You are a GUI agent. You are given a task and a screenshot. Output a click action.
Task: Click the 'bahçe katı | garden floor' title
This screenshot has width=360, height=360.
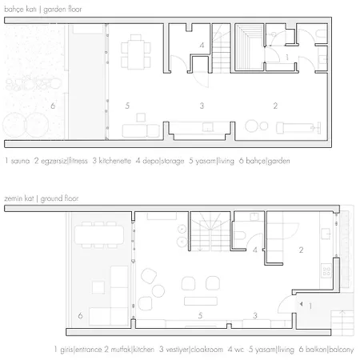(43, 10)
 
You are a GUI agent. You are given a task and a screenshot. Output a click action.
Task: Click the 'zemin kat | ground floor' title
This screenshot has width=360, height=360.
(42, 198)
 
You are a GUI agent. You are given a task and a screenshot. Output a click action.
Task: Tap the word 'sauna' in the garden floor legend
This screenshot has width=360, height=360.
(20, 161)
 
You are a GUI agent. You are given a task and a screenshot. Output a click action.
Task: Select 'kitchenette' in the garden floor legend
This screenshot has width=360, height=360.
(115, 161)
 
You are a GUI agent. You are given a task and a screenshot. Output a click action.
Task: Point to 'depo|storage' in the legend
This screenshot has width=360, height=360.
(163, 161)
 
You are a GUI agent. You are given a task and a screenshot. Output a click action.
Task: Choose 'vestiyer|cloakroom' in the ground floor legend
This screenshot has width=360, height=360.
(194, 350)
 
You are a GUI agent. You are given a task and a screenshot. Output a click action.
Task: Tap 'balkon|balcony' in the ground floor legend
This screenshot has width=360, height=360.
(330, 350)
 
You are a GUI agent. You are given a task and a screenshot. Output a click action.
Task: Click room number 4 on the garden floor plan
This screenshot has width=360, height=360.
(202, 46)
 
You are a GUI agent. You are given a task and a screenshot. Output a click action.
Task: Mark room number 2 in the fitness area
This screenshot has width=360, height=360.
(275, 106)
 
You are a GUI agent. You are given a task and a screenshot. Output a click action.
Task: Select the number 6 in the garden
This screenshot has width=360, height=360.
(53, 106)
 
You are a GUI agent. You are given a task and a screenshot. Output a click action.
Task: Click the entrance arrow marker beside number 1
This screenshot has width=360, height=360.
(302, 304)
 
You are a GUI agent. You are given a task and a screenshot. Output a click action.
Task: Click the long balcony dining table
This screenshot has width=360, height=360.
(99, 234)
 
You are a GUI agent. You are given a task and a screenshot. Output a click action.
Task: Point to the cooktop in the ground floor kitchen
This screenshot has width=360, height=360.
(326, 271)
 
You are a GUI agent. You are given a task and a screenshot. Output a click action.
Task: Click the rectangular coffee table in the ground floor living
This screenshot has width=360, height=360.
(201, 301)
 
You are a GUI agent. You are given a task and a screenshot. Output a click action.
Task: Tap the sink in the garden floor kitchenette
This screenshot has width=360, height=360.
(207, 127)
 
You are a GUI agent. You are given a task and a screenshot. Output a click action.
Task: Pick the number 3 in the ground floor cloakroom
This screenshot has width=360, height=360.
(255, 316)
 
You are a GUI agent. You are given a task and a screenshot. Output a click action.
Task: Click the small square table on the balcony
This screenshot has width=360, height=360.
(98, 287)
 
